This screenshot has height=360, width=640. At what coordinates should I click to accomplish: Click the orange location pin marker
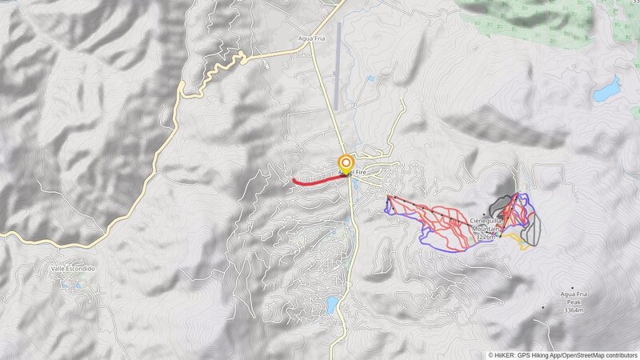tap(346, 162)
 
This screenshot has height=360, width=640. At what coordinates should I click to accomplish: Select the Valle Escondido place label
tap(73, 270)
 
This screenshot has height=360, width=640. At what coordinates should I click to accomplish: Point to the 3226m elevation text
tap(487, 237)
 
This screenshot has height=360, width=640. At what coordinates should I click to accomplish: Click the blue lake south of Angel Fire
tap(332, 305)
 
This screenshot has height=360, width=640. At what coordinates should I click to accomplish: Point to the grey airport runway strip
tap(339, 56)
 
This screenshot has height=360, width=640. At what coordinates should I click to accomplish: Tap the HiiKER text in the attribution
tap(505, 355)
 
